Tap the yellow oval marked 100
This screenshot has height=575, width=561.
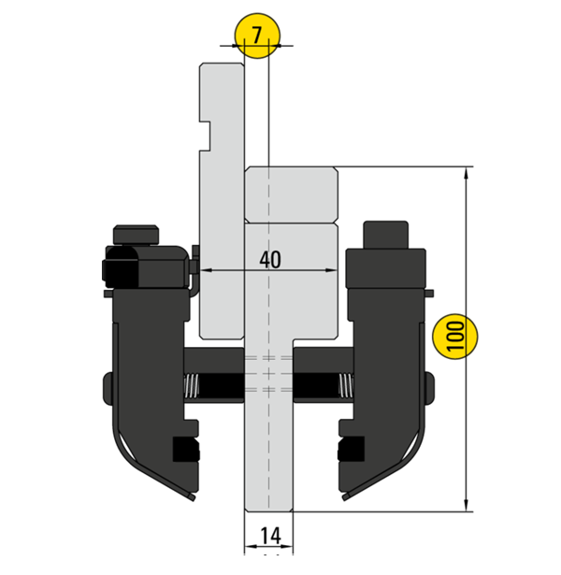tap(455, 337)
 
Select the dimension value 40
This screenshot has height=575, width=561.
tap(269, 259)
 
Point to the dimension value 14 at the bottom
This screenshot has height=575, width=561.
tap(269, 536)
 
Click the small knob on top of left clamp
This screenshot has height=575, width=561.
tap(137, 233)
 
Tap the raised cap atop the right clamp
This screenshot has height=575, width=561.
tap(385, 234)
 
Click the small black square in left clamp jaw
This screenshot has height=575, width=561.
tap(187, 452)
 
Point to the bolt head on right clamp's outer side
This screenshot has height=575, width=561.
tap(429, 386)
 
